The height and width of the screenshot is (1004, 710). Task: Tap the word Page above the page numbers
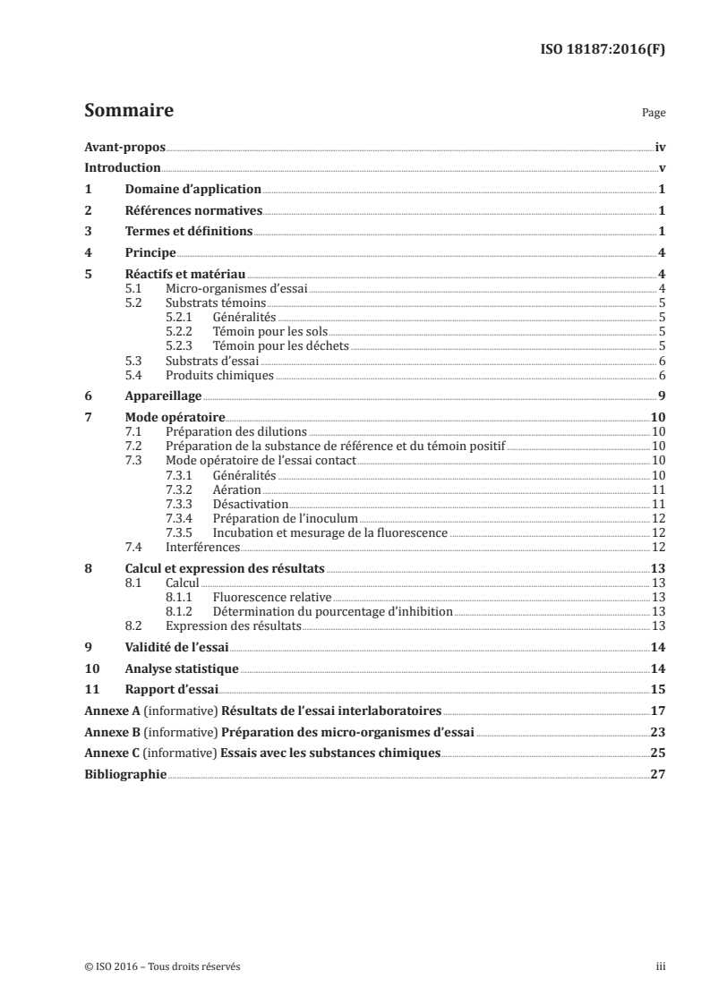(654, 115)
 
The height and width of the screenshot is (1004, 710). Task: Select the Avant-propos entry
(124, 148)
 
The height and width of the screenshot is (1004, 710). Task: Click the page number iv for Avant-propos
(659, 148)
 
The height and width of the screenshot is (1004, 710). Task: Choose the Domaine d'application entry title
(192, 189)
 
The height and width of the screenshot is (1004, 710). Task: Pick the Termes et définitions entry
(188, 231)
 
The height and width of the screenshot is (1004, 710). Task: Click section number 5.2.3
(183, 345)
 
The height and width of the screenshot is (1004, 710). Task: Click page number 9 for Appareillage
(661, 396)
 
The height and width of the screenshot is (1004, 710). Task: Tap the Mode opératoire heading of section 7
(175, 417)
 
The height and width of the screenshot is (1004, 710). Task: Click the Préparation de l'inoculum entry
(285, 519)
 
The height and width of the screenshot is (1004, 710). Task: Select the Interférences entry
(202, 547)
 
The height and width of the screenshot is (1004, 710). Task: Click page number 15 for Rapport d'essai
(658, 689)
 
